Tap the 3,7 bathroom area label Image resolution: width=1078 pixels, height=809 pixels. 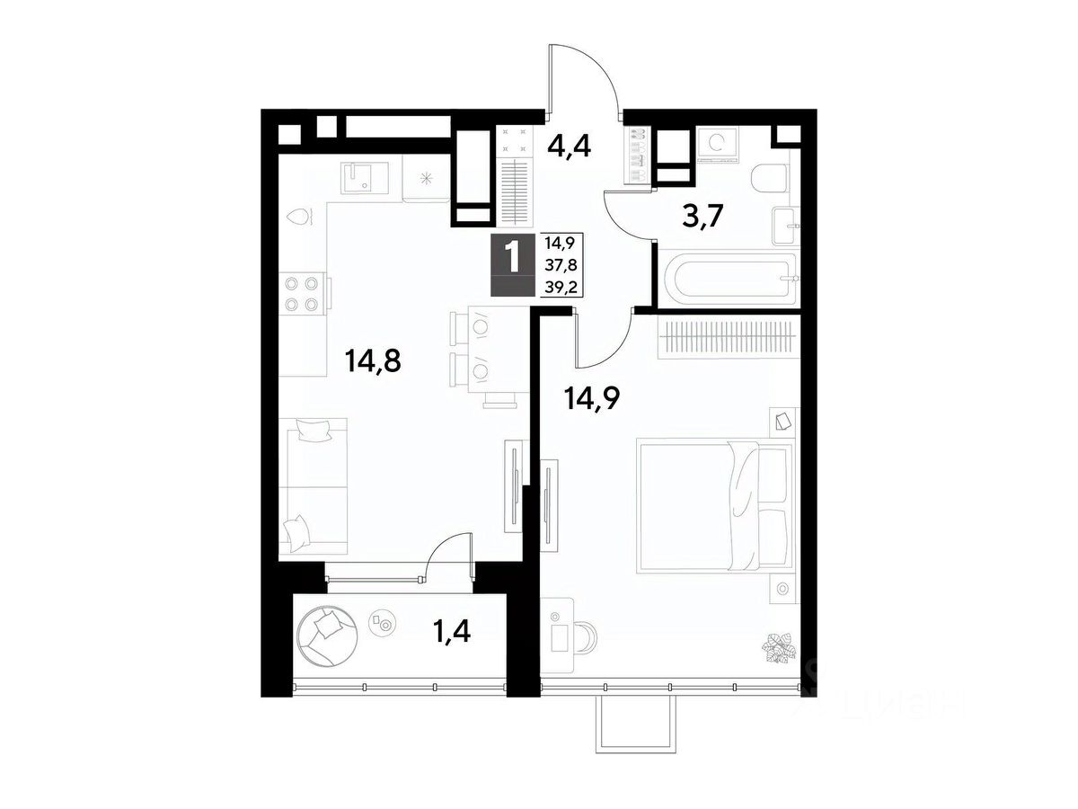tap(703, 216)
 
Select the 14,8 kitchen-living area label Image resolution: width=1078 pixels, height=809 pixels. tap(373, 361)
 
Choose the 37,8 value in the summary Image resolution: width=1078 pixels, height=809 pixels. tap(561, 265)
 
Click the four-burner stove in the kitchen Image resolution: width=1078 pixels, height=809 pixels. tap(303, 294)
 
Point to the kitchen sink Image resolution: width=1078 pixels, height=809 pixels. tap(366, 178)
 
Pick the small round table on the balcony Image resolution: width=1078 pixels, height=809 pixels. tap(381, 624)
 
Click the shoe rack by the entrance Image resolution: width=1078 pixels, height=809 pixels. tap(636, 156)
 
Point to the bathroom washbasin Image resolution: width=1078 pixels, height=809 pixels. tap(786, 226)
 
